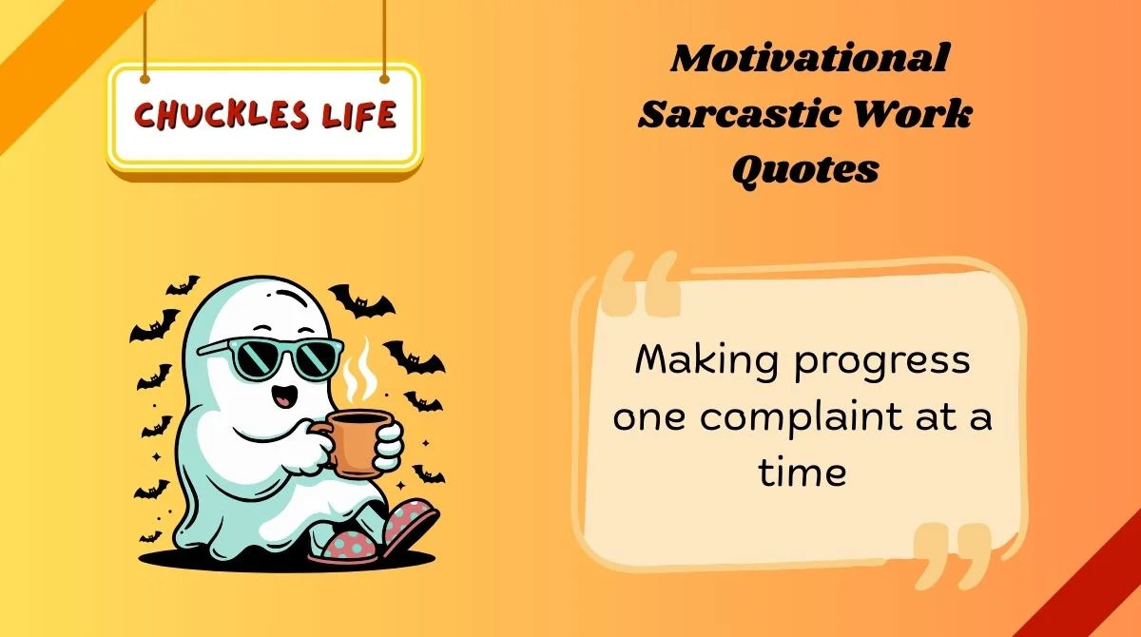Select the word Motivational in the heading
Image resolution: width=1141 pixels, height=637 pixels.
(x=809, y=59)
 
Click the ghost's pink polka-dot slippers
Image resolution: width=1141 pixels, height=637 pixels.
(x=380, y=537)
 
